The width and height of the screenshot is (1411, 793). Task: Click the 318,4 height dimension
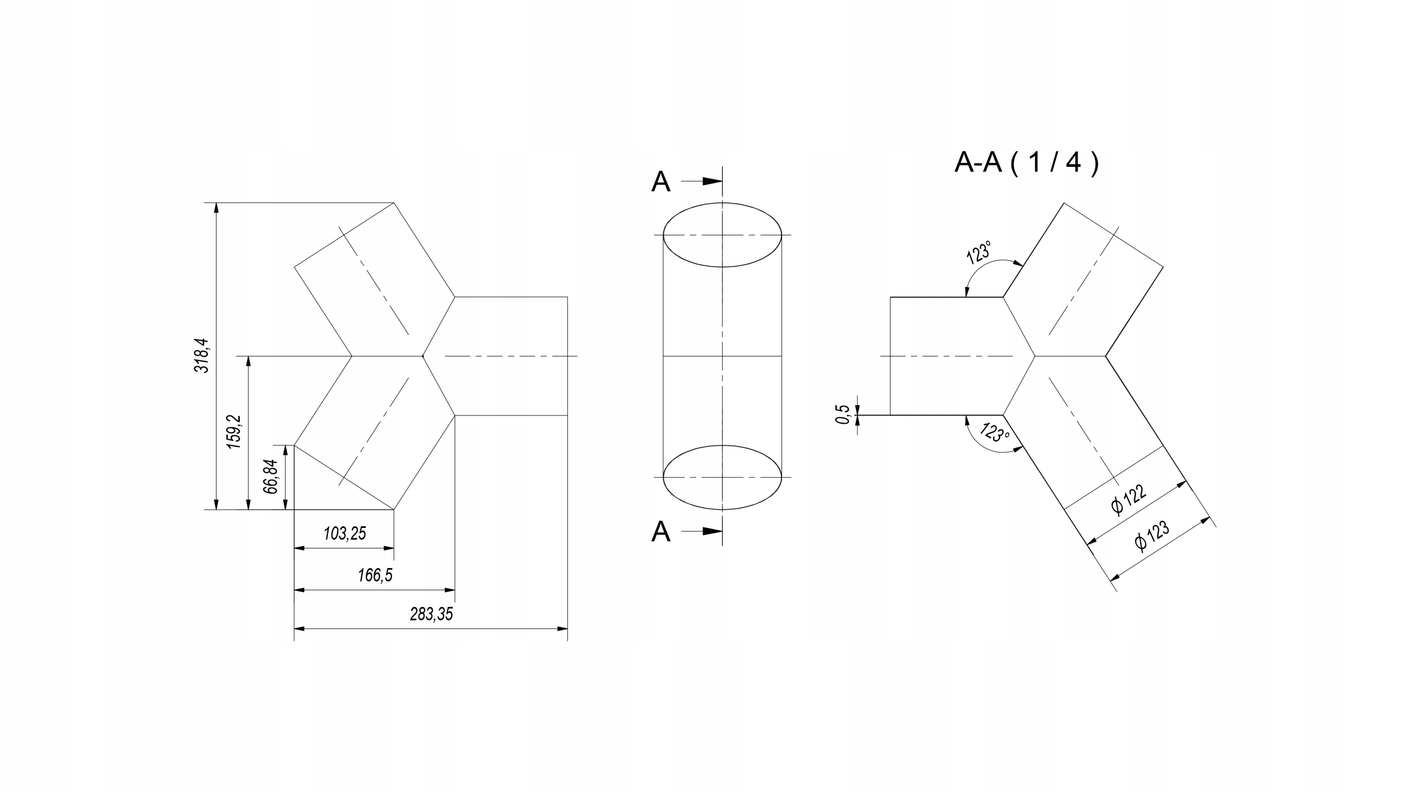pyautogui.click(x=202, y=355)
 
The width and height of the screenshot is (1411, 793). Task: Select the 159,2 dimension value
pyautogui.click(x=235, y=431)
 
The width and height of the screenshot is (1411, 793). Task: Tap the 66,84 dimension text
pyautogui.click(x=271, y=476)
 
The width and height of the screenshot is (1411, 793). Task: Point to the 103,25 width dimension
pyautogui.click(x=344, y=533)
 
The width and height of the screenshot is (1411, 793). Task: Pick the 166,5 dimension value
pyautogui.click(x=375, y=575)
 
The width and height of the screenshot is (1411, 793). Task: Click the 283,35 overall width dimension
pyautogui.click(x=431, y=614)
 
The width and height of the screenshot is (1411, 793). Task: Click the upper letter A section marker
pyautogui.click(x=661, y=181)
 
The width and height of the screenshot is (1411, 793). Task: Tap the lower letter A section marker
pyautogui.click(x=661, y=532)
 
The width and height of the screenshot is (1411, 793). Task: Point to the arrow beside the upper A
pyautogui.click(x=702, y=181)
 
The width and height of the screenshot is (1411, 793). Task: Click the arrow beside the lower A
pyautogui.click(x=702, y=532)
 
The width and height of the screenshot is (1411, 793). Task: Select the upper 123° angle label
pyautogui.click(x=979, y=252)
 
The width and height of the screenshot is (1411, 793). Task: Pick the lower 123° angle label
pyautogui.click(x=994, y=432)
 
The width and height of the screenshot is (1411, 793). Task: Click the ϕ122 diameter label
pyautogui.click(x=1129, y=499)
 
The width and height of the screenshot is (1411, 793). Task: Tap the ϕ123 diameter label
pyautogui.click(x=1152, y=536)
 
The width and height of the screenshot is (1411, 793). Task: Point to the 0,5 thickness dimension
pyautogui.click(x=843, y=414)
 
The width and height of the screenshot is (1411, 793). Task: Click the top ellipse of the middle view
pyautogui.click(x=723, y=203)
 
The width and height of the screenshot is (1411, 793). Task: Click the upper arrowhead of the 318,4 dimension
pyautogui.click(x=216, y=209)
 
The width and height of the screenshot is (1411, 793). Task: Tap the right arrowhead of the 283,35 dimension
pyautogui.click(x=562, y=628)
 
